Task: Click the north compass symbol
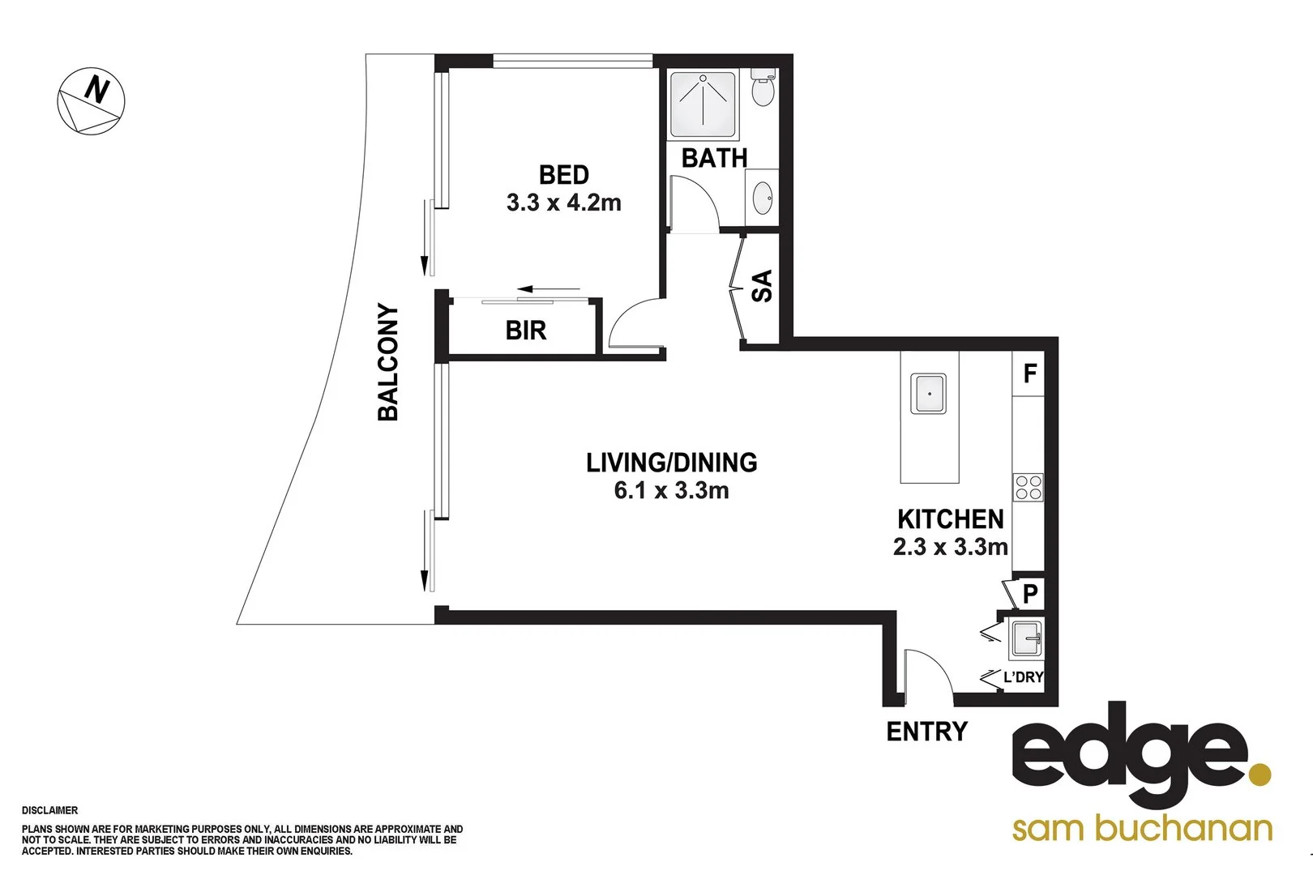pyautogui.click(x=91, y=101)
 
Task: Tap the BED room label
pyautogui.click(x=563, y=175)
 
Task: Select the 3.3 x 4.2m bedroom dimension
pyautogui.click(x=563, y=203)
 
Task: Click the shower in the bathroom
pyautogui.click(x=703, y=104)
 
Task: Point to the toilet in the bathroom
pyautogui.click(x=762, y=88)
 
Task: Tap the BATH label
pyautogui.click(x=714, y=158)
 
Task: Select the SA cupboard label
pyautogui.click(x=762, y=286)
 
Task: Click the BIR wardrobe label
pyautogui.click(x=525, y=331)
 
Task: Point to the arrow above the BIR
pyautogui.click(x=549, y=288)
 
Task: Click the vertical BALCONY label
pyautogui.click(x=388, y=362)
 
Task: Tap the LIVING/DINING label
pyautogui.click(x=671, y=463)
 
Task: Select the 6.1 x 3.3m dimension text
pyautogui.click(x=671, y=491)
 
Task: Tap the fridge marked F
pyautogui.click(x=1029, y=373)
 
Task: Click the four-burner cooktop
pyautogui.click(x=1028, y=488)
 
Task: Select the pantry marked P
pyautogui.click(x=1029, y=594)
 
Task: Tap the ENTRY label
pyautogui.click(x=926, y=732)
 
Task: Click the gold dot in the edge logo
pyautogui.click(x=1259, y=774)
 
